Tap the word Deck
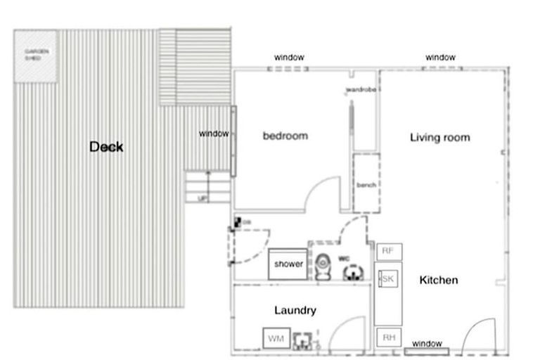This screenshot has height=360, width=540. coord(106,146)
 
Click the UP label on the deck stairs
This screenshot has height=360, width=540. coord(203,199)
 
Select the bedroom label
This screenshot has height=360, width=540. coord(285,136)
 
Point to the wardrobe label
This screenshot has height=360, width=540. coord(362,90)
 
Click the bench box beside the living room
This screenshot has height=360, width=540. coord(366,184)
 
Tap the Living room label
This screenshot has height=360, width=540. coord(439,137)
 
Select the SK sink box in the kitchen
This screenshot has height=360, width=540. coord(387,279)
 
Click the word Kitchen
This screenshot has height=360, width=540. coord(439,280)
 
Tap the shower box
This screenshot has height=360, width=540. coord(288,264)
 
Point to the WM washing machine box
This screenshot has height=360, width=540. coord(274,339)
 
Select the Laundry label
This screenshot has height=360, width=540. coord(295,310)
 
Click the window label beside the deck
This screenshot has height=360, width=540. coord(214,134)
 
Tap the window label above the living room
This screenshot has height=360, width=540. coord(440,57)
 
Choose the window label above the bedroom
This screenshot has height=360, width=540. coord(289,57)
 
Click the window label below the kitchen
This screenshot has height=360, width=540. coord(427,344)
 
